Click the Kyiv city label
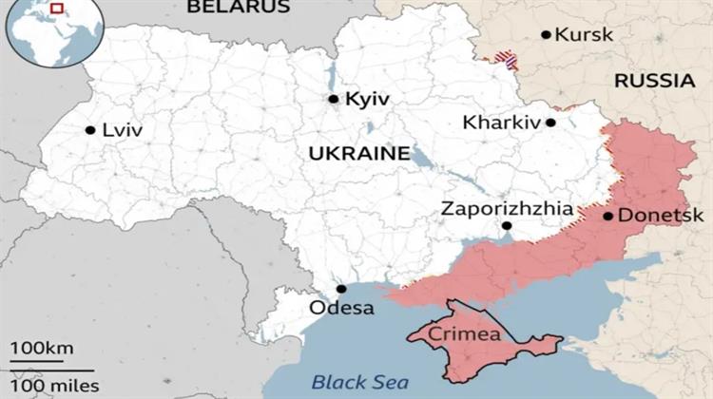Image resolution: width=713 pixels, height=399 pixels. click(x=368, y=99)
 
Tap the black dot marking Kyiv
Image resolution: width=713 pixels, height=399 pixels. click(x=333, y=99)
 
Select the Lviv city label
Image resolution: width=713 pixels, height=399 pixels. click(x=122, y=130)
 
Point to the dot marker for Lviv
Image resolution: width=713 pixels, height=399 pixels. click(x=89, y=130)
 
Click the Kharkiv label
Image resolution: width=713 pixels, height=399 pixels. click(x=501, y=123)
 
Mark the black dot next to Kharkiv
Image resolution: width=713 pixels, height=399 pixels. click(x=550, y=123)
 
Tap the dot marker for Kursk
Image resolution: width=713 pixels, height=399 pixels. click(x=546, y=35)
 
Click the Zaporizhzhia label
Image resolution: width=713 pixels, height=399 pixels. click(x=507, y=208)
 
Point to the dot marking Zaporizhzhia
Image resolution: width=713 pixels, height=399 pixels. click(x=507, y=226)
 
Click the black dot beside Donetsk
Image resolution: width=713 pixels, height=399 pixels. click(x=608, y=216)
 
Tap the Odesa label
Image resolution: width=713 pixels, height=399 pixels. click(x=342, y=308)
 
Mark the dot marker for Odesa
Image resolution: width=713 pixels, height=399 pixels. click(x=340, y=289)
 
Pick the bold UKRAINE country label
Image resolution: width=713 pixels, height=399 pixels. click(x=359, y=153)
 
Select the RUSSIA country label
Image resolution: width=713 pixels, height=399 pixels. click(x=654, y=81)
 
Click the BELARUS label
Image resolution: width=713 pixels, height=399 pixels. click(x=238, y=8)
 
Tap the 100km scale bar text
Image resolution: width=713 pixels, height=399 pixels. click(x=42, y=351)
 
